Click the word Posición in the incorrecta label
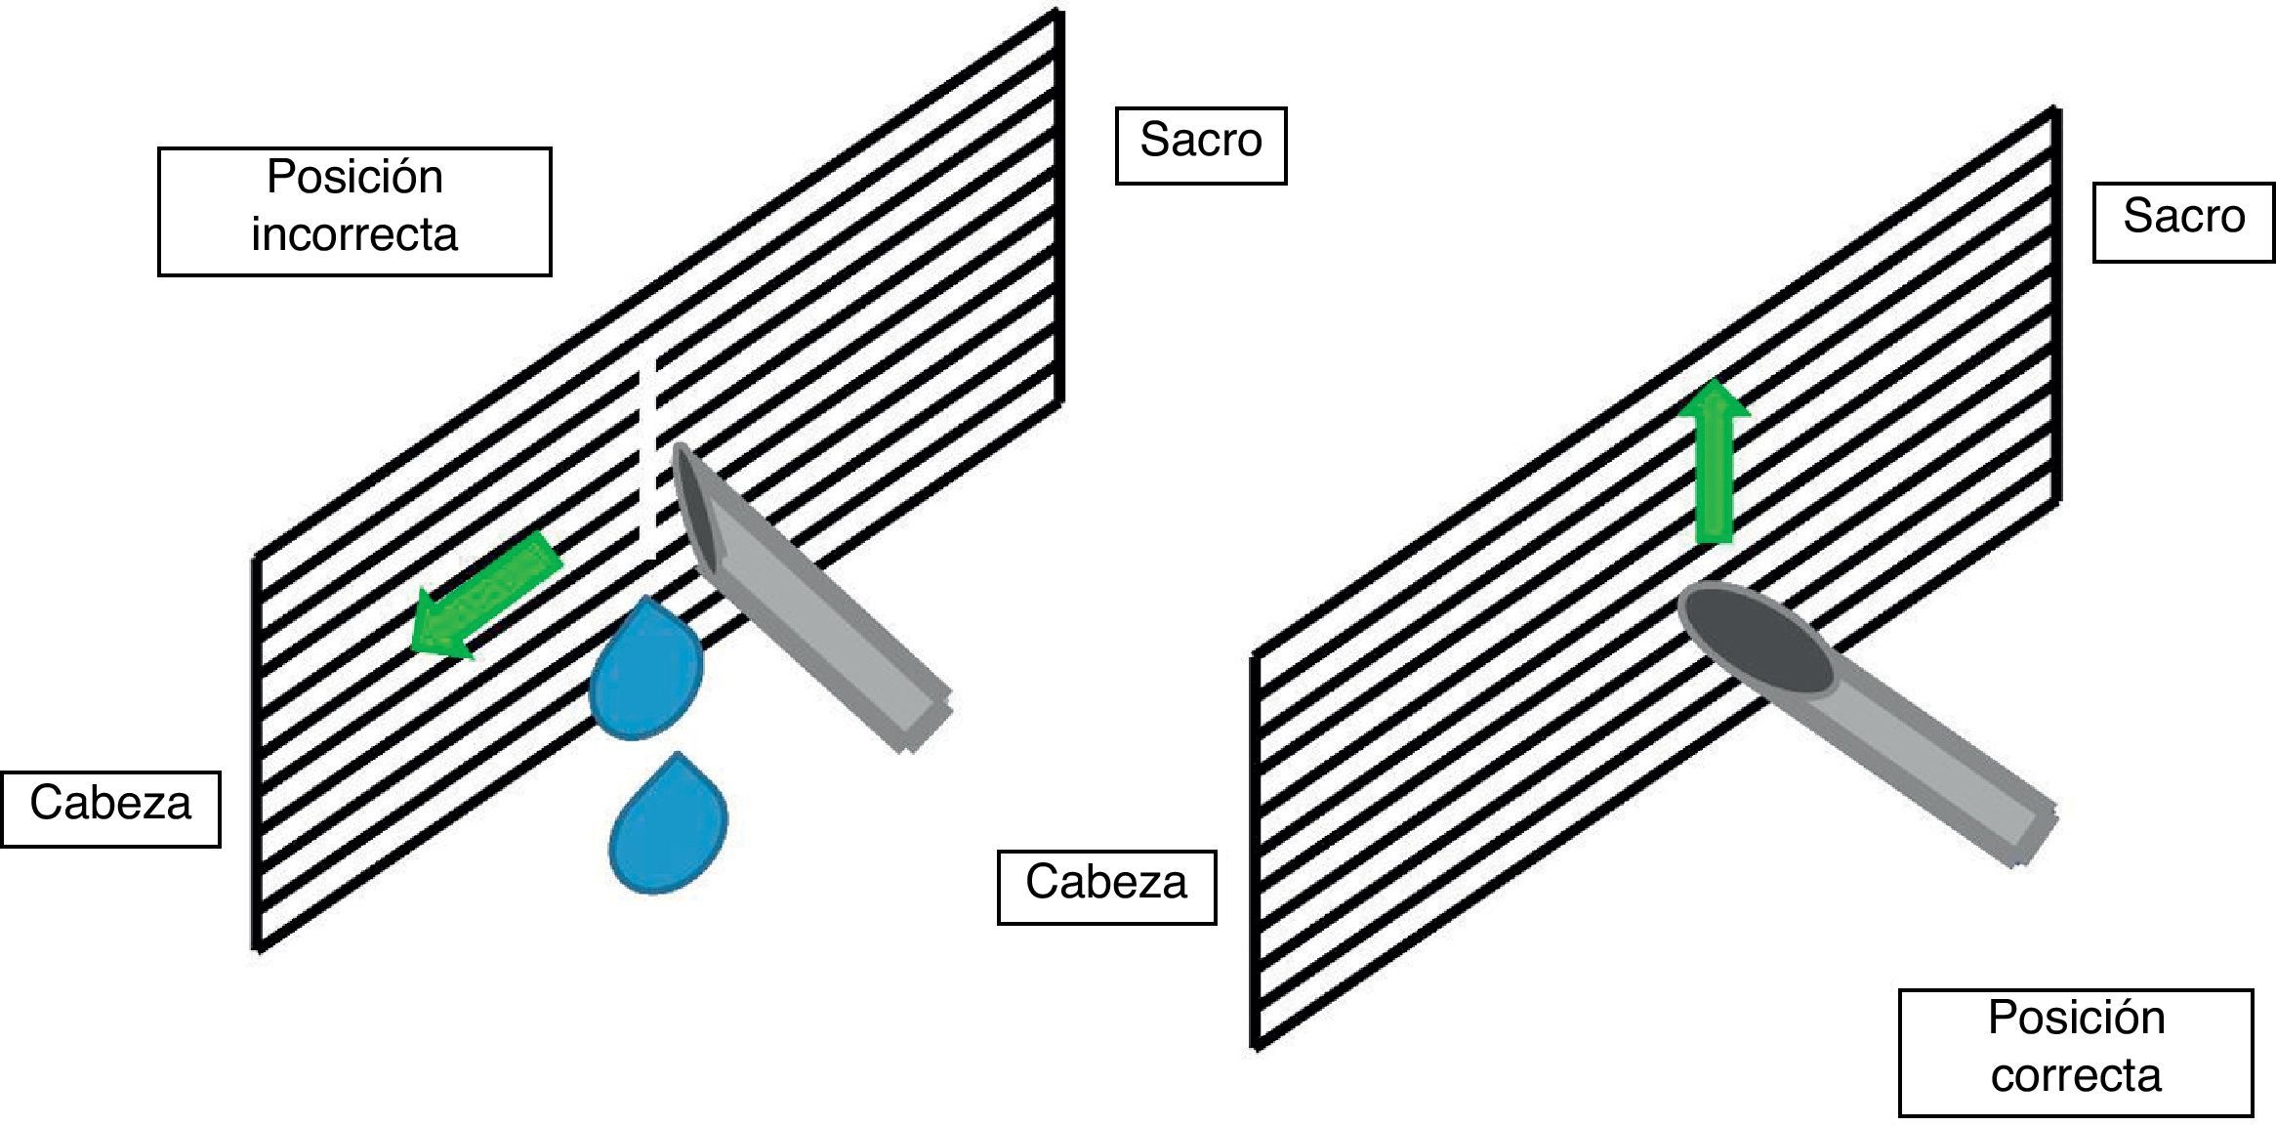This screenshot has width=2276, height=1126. coord(354,178)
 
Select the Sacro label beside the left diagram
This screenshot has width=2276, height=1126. coord(1200,142)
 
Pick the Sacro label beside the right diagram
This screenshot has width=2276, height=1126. coord(2183,217)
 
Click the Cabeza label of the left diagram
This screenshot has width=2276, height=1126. coord(110,804)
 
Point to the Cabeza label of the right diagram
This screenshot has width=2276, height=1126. coord(1105,883)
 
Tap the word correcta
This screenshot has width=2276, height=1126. coord(2076,1076)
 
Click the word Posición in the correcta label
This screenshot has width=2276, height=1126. coord(2076,1019)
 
